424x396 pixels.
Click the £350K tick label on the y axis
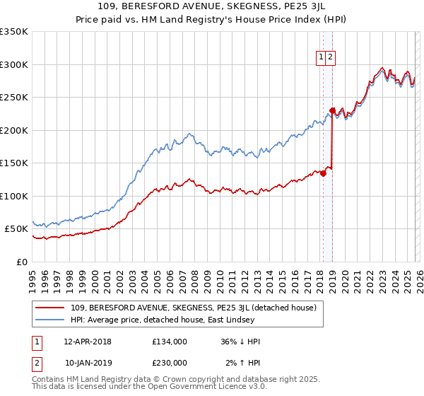[x=14, y=32]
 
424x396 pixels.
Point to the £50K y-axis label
[x=16, y=229]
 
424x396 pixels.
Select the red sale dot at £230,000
[x=332, y=110]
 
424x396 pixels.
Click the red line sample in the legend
[x=50, y=308]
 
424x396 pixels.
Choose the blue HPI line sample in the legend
[x=50, y=320]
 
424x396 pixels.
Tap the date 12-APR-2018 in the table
[x=88, y=342]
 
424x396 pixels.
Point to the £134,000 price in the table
[x=169, y=342]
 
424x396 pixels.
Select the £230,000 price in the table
[x=169, y=362]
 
